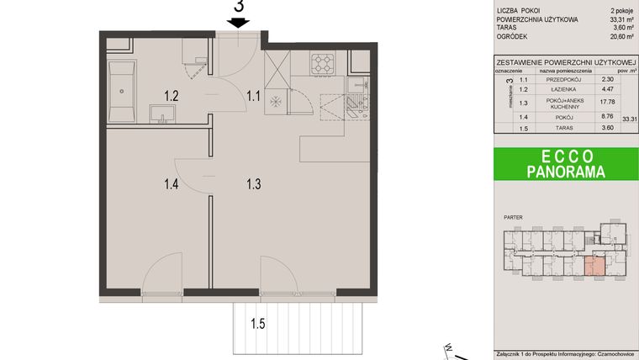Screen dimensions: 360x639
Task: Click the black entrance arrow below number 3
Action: pyautogui.click(x=238, y=24)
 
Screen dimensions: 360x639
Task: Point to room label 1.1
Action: pyautogui.click(x=253, y=96)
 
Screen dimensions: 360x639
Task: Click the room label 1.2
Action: pyautogui.click(x=171, y=96)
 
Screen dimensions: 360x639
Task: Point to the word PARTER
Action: pyautogui.click(x=513, y=218)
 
